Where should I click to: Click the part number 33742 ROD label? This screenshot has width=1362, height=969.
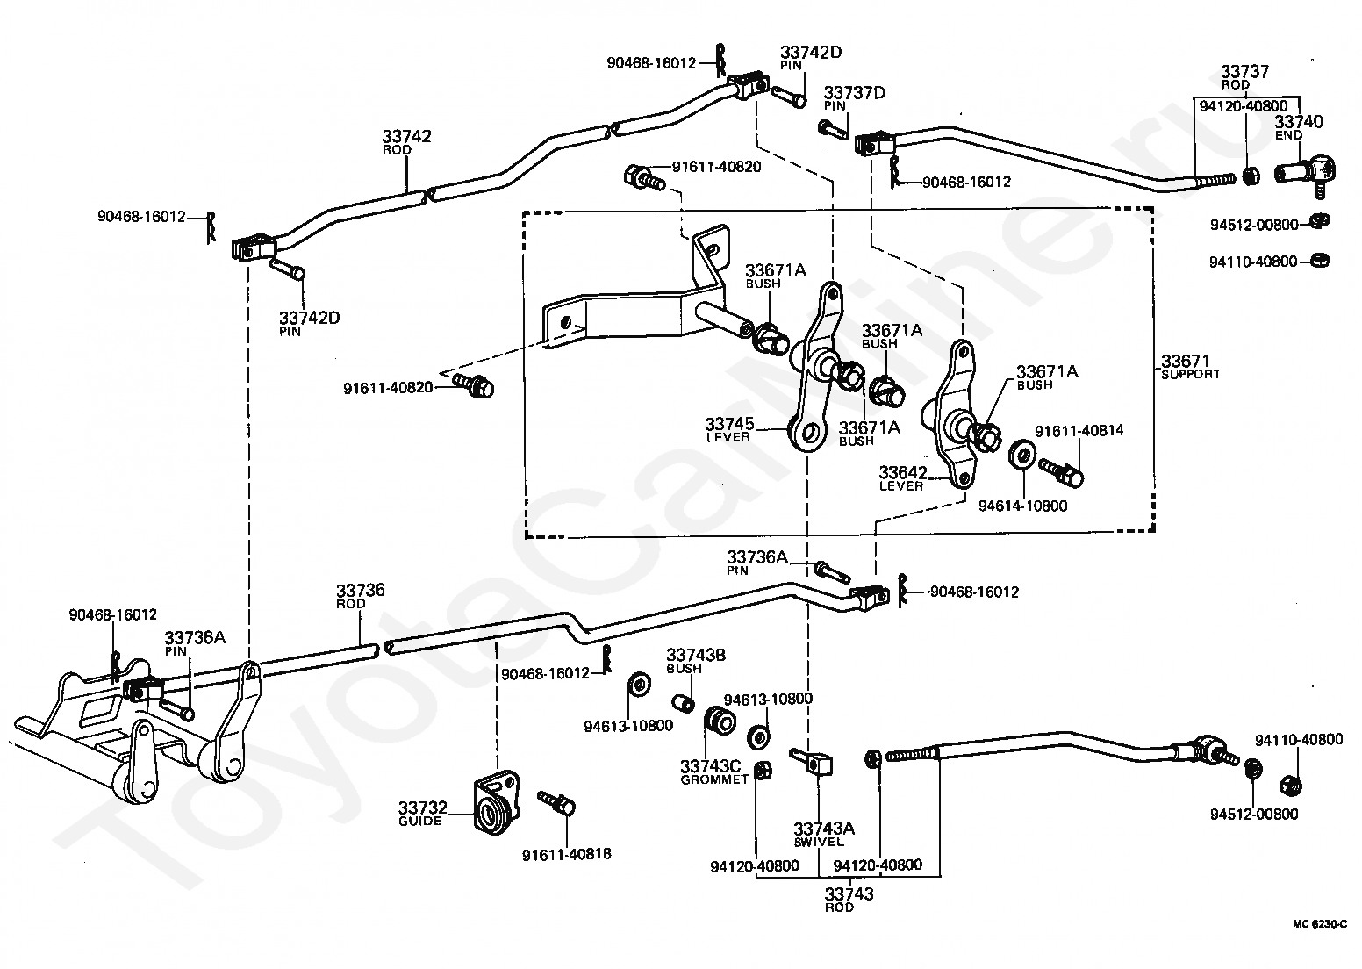(x=407, y=141)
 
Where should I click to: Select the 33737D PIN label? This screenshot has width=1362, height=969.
(x=854, y=98)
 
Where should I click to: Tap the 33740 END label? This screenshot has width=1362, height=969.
(x=1298, y=128)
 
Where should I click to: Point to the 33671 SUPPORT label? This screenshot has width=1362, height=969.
(x=1191, y=367)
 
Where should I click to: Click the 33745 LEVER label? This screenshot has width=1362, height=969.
(x=729, y=429)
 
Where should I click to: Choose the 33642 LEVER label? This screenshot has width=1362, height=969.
(x=903, y=478)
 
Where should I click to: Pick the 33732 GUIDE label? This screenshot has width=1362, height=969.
(x=423, y=814)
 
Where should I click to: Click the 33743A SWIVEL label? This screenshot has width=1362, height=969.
(x=824, y=835)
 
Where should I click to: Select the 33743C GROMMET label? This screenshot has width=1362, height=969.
(x=713, y=772)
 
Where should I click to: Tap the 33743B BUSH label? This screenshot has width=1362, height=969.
(x=696, y=661)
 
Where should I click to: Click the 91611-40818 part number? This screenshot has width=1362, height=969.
(x=566, y=855)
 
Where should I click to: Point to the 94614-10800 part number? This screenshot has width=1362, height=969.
(x=1022, y=506)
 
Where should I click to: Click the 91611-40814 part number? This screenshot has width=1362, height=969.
(x=1079, y=431)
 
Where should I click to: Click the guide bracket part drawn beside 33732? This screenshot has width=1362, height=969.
(x=497, y=802)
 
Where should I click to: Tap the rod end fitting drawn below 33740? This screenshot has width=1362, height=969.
(x=1305, y=173)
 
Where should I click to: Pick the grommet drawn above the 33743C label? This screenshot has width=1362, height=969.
(x=720, y=722)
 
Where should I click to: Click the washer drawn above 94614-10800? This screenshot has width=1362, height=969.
(x=1022, y=454)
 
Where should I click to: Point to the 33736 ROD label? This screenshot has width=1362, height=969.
(x=361, y=596)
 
